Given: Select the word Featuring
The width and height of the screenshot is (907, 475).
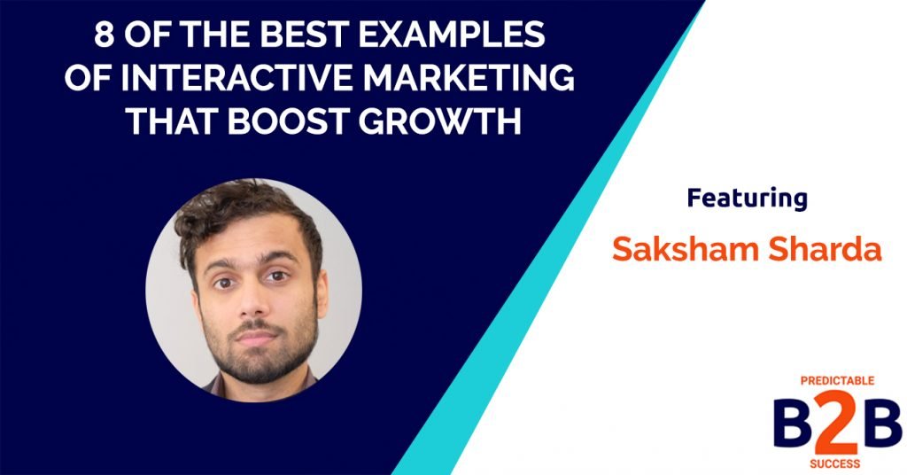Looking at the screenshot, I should coord(747,198).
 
